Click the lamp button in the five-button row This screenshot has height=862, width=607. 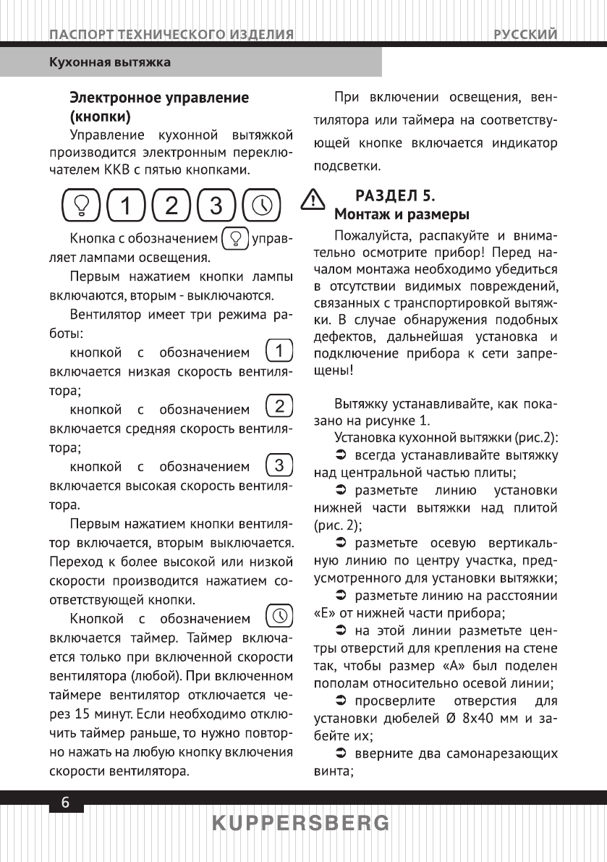point(81,206)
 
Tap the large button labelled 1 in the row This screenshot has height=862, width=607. point(126,206)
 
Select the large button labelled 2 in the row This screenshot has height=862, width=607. point(171,206)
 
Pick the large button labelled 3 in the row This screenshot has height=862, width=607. point(216,206)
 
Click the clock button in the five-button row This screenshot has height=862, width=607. point(262,206)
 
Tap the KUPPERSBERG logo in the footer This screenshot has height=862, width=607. point(302,824)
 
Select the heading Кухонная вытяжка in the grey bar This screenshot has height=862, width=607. point(109,62)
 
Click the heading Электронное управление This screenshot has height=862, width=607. point(158,98)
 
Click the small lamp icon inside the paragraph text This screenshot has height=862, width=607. point(235,238)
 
